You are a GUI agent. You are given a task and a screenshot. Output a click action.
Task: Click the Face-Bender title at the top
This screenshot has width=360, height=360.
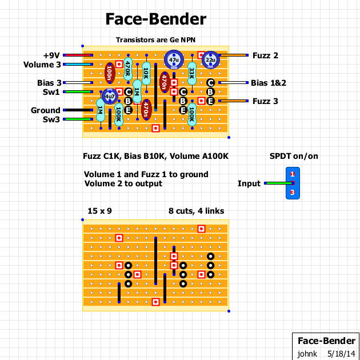[x=155, y=19]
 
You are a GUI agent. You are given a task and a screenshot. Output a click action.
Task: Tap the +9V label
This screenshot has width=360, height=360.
[x=51, y=55]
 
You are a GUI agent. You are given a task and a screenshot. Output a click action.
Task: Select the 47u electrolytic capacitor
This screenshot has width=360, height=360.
[x=173, y=59]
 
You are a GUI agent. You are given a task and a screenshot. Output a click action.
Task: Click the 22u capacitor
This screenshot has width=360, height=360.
[x=210, y=59]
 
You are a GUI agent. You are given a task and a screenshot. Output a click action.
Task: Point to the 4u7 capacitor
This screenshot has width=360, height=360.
[x=109, y=97]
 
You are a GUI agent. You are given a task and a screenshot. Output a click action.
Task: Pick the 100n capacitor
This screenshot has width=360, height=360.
[x=109, y=73]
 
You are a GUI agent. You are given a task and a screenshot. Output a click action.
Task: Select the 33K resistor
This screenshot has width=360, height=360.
[x=192, y=73]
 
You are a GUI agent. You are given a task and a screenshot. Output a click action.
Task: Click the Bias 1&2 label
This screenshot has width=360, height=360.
[x=269, y=83]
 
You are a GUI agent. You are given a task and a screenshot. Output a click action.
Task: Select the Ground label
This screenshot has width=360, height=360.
[x=45, y=110]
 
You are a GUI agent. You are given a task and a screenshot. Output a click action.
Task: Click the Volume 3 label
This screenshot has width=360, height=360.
[x=42, y=65]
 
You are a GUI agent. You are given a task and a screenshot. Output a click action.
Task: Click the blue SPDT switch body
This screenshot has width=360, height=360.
[x=293, y=183]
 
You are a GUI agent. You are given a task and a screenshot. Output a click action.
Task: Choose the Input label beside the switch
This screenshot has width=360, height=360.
[x=249, y=183]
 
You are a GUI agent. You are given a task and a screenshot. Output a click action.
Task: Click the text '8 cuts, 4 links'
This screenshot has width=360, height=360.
[x=197, y=211]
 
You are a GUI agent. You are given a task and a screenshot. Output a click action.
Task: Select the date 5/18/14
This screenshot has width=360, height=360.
[x=342, y=354]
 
